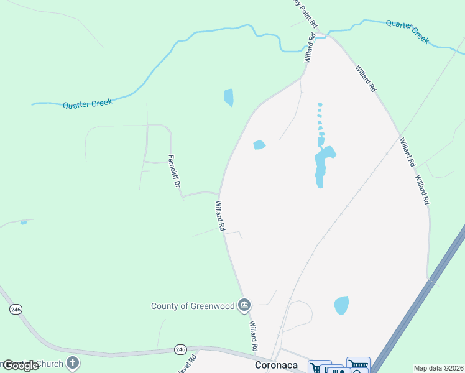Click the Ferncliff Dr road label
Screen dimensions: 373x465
click(x=176, y=172)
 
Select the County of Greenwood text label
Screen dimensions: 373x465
click(x=193, y=305)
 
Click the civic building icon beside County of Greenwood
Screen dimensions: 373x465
click(x=244, y=305)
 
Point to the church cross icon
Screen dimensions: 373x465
click(x=73, y=362)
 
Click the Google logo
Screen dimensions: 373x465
click(x=20, y=366)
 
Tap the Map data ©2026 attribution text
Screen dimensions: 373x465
click(x=438, y=368)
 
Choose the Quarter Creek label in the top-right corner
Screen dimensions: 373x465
click(x=407, y=31)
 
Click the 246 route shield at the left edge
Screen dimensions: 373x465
click(x=16, y=309)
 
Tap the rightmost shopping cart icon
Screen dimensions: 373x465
click(x=358, y=366)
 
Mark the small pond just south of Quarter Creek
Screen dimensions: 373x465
click(x=229, y=97)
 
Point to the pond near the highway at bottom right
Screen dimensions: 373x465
click(x=341, y=305)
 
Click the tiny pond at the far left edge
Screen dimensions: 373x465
click(x=24, y=222)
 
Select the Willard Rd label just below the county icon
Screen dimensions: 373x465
click(x=254, y=336)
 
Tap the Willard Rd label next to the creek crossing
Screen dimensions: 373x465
click(x=310, y=49)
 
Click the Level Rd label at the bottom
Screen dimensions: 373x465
click(x=193, y=362)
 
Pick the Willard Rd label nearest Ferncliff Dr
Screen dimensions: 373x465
click(x=219, y=216)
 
